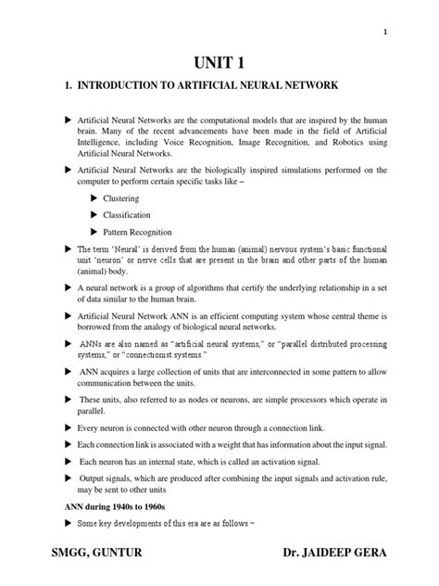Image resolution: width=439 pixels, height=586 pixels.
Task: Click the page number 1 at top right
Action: coord(383,32)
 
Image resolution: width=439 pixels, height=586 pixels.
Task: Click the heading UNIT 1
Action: coord(219,61)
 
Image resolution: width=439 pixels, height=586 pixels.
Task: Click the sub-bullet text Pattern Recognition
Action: coord(137,232)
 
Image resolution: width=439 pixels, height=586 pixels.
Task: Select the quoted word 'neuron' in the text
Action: coord(112,261)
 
